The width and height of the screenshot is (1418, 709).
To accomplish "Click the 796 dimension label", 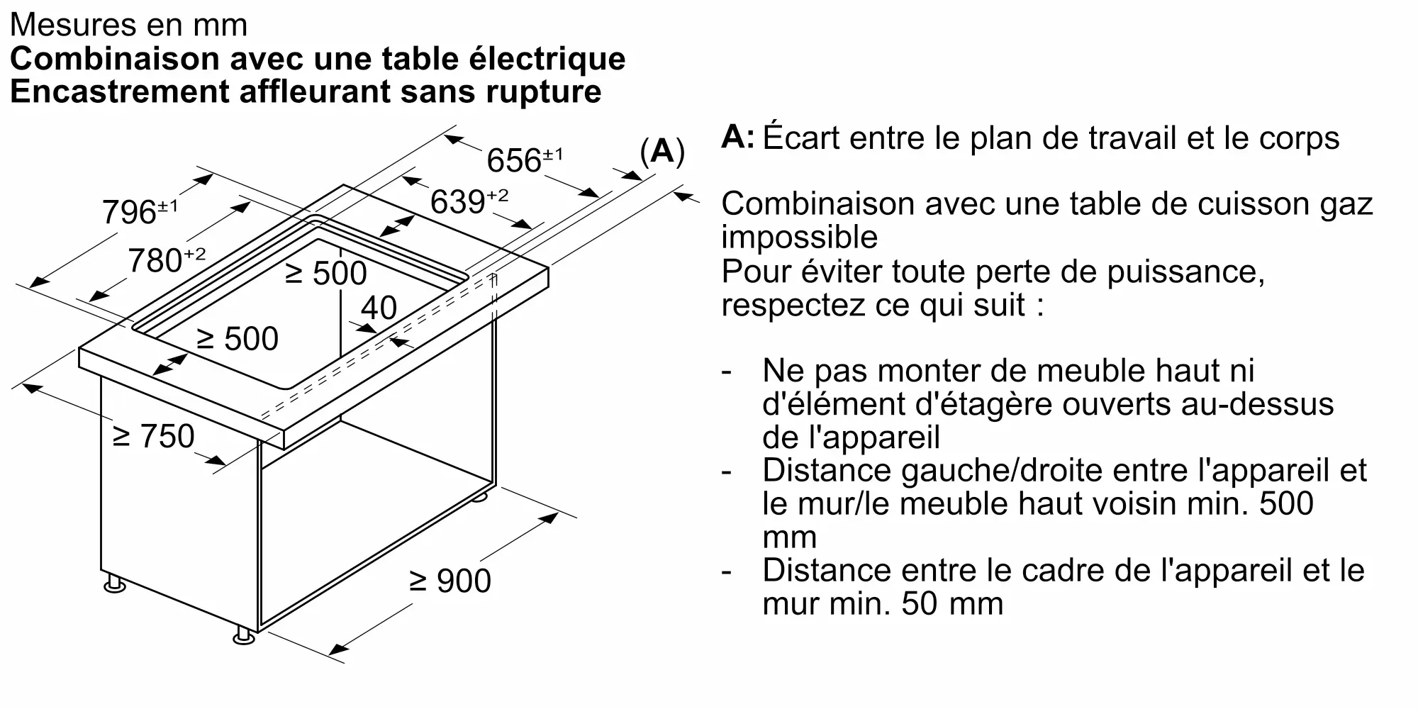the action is coord(140,212).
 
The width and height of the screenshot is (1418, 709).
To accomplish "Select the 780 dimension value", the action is coord(167,260).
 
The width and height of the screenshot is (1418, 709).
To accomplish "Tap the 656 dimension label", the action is coord(525,160).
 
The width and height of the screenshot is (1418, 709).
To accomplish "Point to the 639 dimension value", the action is coord(469,201).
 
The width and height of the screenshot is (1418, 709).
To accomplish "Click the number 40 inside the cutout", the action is coord(379,308).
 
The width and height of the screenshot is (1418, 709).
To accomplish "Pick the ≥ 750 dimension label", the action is coord(154,436).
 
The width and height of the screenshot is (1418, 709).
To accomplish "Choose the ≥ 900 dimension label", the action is coord(451,581).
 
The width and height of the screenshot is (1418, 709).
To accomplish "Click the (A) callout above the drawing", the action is coord(662,151).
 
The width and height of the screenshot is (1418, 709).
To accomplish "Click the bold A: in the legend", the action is coord(738,137).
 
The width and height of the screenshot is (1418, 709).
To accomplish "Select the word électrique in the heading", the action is coord(547,59).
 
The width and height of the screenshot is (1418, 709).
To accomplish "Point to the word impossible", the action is coord(799,238).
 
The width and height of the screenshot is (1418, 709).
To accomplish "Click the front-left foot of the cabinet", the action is coord(114,585).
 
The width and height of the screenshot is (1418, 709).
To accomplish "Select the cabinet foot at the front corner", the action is coord(244,635).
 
